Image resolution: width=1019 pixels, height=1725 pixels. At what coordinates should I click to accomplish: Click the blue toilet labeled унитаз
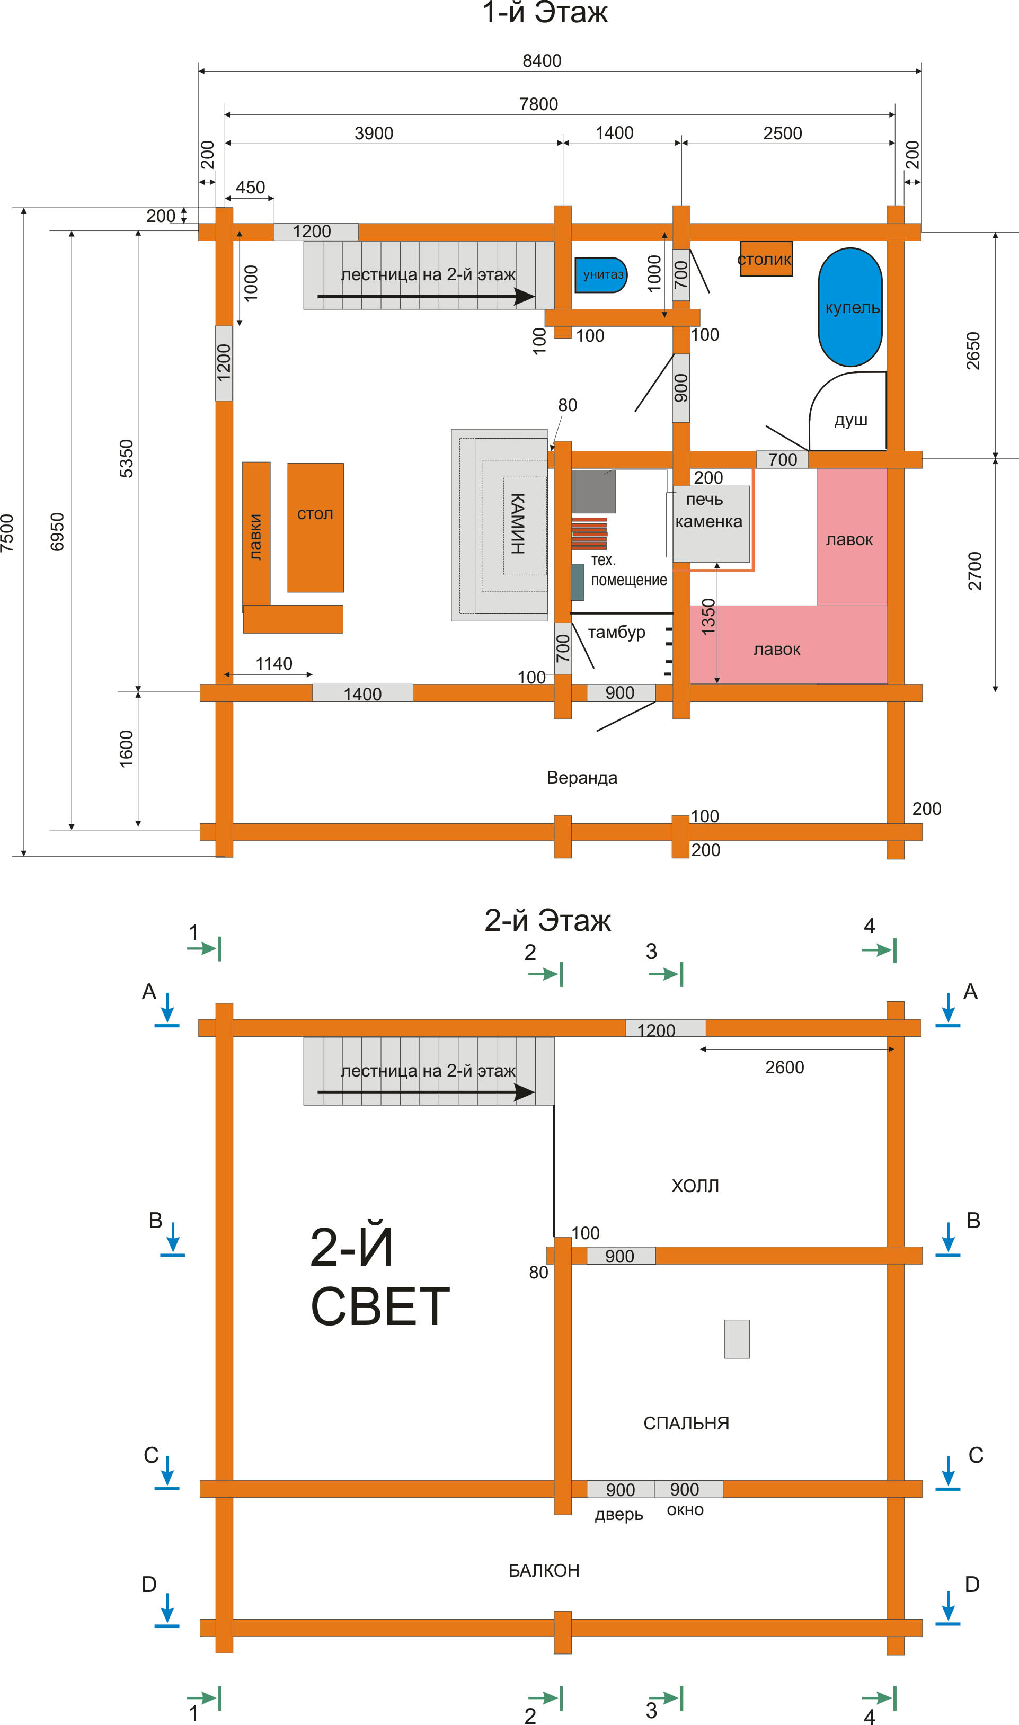point(601,274)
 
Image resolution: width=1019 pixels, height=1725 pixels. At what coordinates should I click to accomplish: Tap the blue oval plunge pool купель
point(850,307)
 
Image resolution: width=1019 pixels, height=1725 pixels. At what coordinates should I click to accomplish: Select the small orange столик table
point(766,258)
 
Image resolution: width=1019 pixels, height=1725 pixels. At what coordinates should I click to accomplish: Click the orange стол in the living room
point(315,527)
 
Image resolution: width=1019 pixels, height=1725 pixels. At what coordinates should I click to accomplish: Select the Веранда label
point(582,778)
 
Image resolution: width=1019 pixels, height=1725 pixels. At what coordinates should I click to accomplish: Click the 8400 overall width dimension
point(542,61)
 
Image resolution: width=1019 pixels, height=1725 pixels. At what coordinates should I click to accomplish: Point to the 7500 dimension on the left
point(7,532)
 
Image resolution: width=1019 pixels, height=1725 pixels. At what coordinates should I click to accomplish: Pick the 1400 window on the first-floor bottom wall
point(362,692)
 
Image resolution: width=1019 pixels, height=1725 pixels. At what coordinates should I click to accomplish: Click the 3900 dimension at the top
point(374,133)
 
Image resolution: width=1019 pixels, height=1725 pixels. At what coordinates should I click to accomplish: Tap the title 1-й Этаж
point(545,12)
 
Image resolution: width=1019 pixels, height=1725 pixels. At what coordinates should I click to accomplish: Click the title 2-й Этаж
point(547,920)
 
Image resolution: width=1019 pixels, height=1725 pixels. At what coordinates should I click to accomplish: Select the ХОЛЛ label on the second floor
point(695,1186)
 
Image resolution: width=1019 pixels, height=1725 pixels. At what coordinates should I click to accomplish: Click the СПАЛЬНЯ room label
point(686,1424)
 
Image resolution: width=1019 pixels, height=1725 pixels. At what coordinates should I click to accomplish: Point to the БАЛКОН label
point(544,1570)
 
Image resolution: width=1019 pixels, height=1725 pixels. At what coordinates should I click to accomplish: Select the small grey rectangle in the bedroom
point(737,1339)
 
